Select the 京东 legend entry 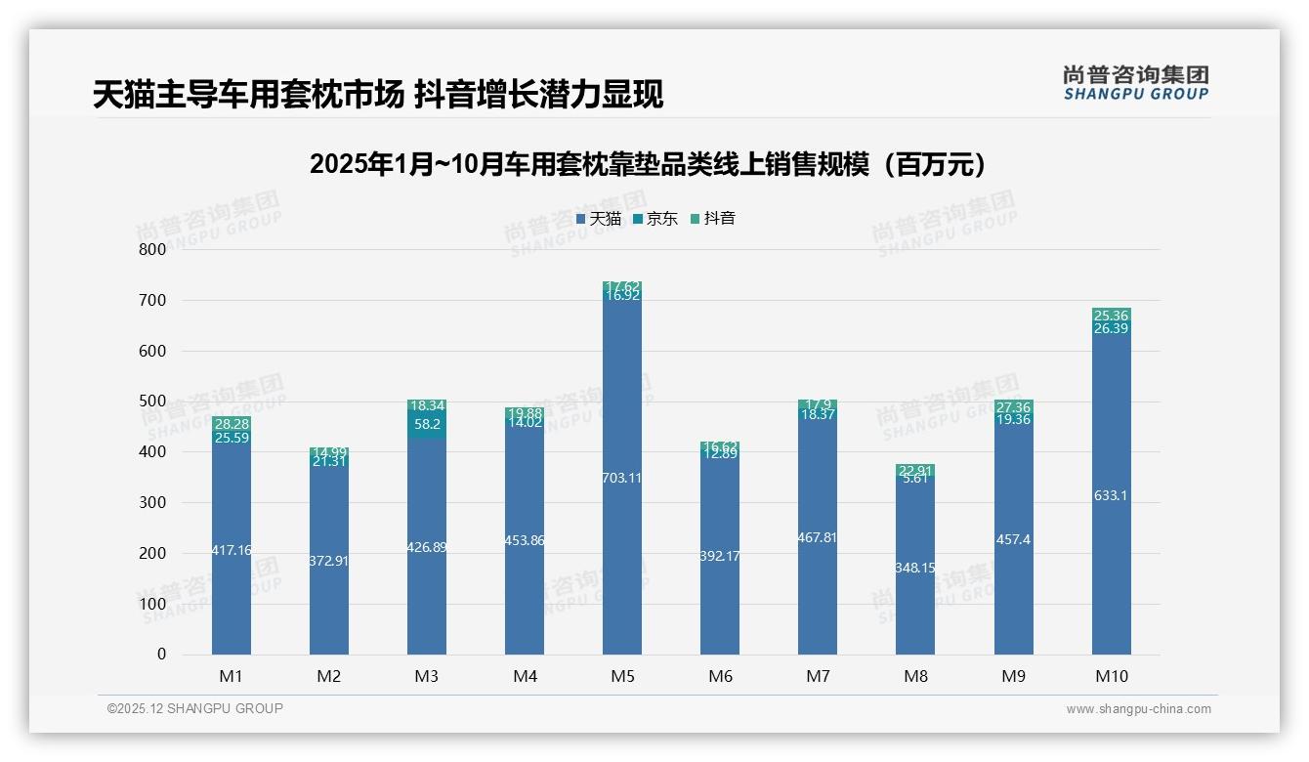pos(655,219)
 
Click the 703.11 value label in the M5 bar pos(622,478)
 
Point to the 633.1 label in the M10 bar pos(1111,495)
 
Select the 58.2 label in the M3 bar pos(427,424)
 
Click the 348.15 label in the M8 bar pos(915,567)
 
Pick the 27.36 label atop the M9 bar pos(1013,406)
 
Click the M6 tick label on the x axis pos(720,676)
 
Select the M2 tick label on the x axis pos(329,676)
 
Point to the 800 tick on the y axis pos(151,249)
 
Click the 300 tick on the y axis pos(151,502)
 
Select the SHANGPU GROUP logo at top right pos(1135,83)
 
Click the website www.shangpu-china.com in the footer pos(1138,709)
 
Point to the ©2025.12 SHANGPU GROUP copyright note pos(195,708)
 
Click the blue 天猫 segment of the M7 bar pos(818,586)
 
